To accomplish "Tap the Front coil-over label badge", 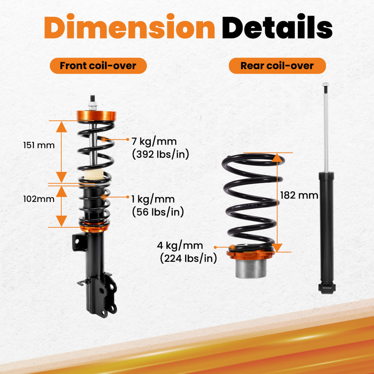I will click(x=98, y=66).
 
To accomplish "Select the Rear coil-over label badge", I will click(x=277, y=66).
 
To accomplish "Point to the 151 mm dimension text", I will click(x=39, y=145).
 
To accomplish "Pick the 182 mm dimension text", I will click(x=299, y=195).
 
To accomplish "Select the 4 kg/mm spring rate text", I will click(x=180, y=246).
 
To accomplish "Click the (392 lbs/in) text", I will click(x=161, y=154).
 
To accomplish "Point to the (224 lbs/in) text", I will click(x=188, y=258).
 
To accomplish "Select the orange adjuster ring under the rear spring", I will click(x=251, y=256).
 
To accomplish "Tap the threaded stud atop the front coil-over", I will click(x=91, y=102).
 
